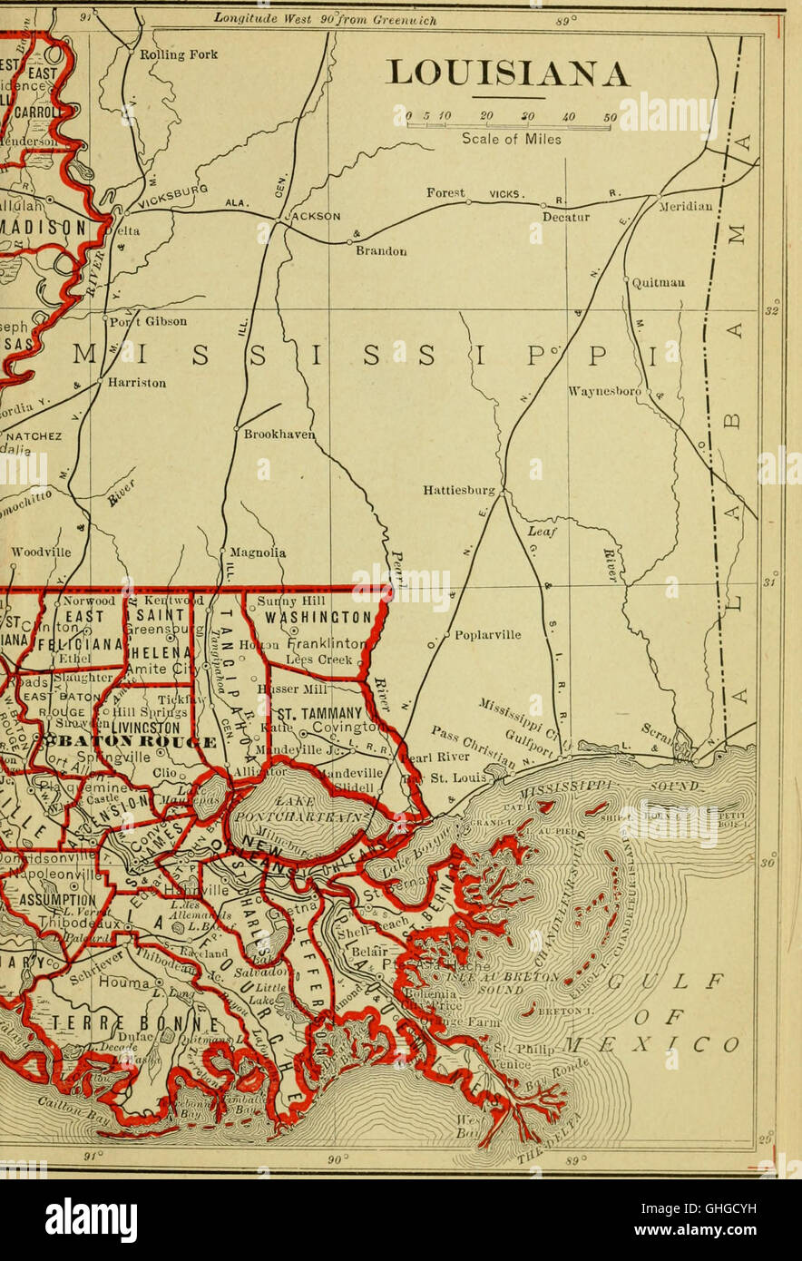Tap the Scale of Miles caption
point(511,140)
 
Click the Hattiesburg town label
point(459,491)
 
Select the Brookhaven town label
point(279,435)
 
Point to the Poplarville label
point(487,635)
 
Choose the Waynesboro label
point(604,392)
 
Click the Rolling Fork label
point(178,54)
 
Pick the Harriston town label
point(136,383)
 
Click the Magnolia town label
point(258,552)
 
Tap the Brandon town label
point(381,250)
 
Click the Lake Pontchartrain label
point(285,810)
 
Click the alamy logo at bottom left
point(91,1220)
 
